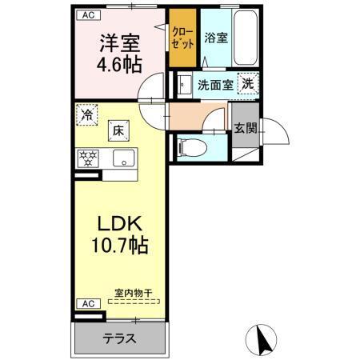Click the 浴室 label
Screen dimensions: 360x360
(x=215, y=38)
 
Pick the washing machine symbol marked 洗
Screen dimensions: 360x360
(x=248, y=83)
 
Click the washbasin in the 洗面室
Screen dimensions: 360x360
(x=183, y=83)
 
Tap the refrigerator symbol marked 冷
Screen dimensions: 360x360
(x=86, y=114)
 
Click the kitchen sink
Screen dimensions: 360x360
(x=124, y=157)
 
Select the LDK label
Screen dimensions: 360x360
(x=120, y=222)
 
